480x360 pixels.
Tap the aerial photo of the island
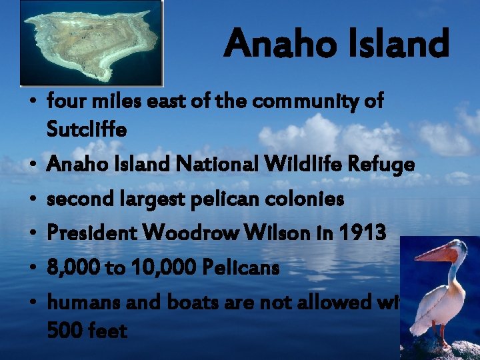click(92, 43)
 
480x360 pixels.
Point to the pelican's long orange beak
click(428, 253)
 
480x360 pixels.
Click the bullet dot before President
click(32, 234)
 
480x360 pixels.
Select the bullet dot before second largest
click(32, 199)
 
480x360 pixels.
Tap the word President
click(89, 233)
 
